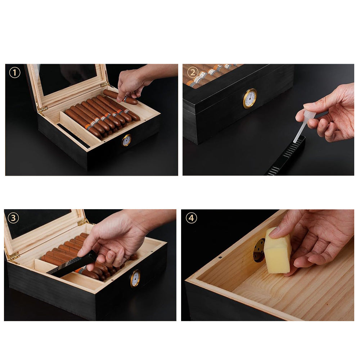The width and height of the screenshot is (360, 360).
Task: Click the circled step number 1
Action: click(14, 73)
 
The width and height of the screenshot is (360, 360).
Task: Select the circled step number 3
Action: click(13, 218)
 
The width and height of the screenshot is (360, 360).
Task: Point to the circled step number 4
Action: click(191, 218)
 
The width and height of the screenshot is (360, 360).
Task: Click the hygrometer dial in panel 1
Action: click(126, 140)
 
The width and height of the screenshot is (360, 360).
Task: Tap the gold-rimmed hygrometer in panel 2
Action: click(250, 98)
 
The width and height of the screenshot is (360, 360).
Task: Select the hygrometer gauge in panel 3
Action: click(135, 278)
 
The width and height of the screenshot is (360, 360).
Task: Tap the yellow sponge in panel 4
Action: click(278, 250)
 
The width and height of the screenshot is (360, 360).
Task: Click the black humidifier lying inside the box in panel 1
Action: click(74, 136)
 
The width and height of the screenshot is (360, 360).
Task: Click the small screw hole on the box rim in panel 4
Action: click(220, 258)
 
